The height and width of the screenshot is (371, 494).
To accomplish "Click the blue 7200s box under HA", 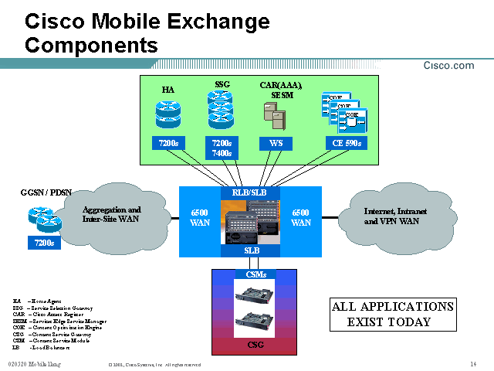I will pyautogui.click(x=167, y=143).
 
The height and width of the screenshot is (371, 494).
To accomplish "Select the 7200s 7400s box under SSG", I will pyautogui.click(x=221, y=148).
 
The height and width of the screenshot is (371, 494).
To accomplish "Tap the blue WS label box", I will pyautogui.click(x=276, y=143).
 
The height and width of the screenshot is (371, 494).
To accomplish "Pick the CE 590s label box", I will pyautogui.click(x=343, y=143).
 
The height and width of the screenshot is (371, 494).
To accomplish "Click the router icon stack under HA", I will pyautogui.click(x=167, y=112).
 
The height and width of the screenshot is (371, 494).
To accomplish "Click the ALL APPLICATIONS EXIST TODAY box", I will pyautogui.click(x=392, y=314).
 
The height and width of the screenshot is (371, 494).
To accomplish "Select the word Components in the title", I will pyautogui.click(x=91, y=45).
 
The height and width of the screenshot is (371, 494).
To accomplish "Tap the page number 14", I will pyautogui.click(x=472, y=364).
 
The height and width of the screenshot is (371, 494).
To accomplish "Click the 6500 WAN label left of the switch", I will pyautogui.click(x=200, y=217).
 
